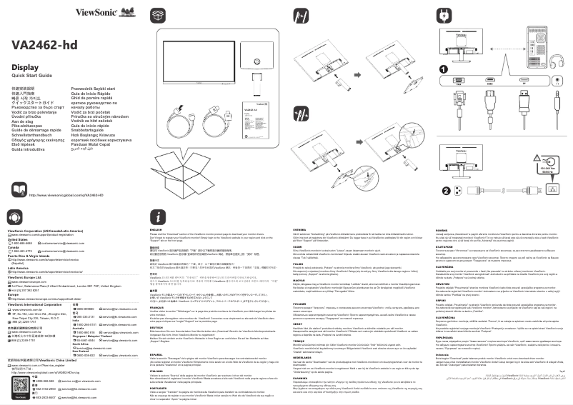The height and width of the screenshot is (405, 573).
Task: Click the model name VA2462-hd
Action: click(x=44, y=44)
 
